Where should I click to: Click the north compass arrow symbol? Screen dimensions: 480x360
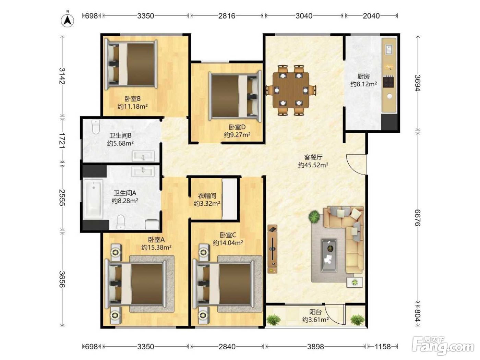(67, 20)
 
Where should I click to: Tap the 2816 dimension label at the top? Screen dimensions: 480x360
(227, 16)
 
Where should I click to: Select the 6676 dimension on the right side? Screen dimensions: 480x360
(417, 218)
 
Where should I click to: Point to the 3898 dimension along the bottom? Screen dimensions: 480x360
(315, 346)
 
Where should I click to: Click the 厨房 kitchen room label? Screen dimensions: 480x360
(363, 76)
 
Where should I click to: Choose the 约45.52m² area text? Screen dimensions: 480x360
(313, 165)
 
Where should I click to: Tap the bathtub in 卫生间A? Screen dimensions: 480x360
(93, 199)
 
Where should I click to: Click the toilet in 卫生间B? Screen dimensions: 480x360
(96, 127)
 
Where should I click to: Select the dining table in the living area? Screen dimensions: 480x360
(291, 90)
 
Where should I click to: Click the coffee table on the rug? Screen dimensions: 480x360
(329, 255)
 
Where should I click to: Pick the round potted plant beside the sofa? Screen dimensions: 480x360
(314, 216)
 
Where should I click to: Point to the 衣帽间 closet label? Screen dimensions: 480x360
(207, 195)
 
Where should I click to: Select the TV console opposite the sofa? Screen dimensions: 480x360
(272, 249)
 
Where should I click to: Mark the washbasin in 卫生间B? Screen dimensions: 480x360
(143, 156)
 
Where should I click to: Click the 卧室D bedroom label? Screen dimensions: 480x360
(237, 127)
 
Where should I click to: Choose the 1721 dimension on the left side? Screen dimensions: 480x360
(62, 140)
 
